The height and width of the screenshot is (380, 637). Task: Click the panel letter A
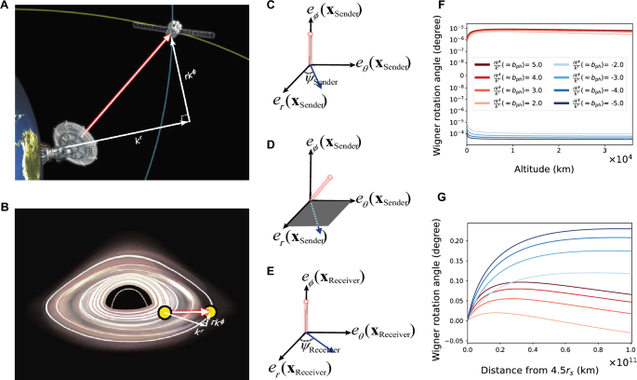tap(7, 7)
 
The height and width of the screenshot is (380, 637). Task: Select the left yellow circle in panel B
tap(164, 311)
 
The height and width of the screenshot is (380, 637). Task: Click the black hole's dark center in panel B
tap(124, 297)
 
